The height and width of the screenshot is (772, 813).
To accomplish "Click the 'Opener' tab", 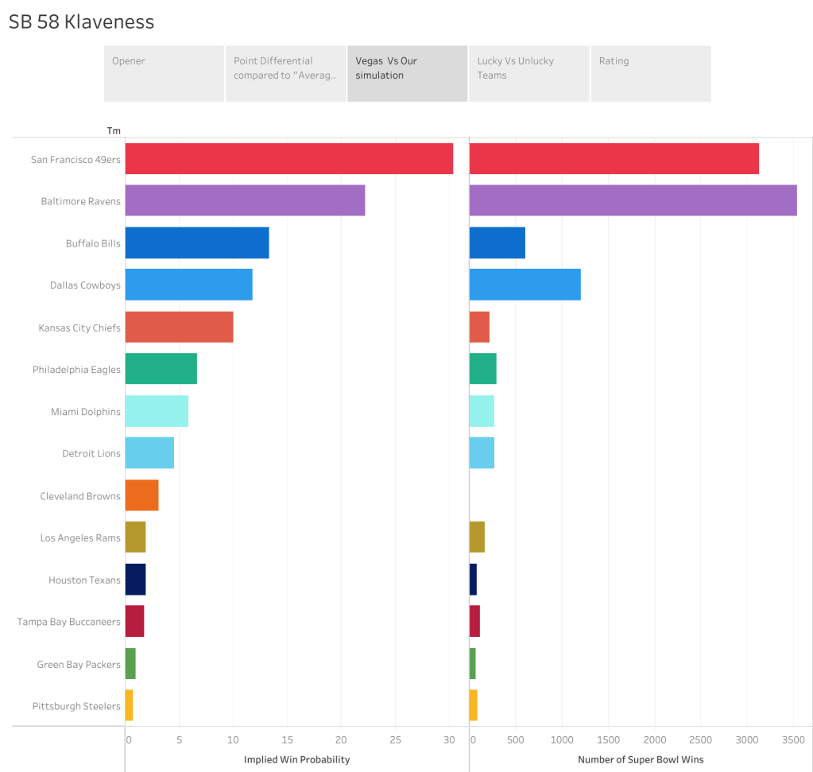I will click(164, 73).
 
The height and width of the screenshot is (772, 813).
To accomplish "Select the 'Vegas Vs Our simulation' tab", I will click(407, 73).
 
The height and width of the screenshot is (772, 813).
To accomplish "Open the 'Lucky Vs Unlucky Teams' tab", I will click(528, 73).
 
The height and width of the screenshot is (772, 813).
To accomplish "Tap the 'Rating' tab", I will click(650, 73).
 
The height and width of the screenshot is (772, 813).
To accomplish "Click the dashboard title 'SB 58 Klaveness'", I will click(81, 21).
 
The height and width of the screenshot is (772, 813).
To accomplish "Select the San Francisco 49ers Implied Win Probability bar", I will click(288, 159).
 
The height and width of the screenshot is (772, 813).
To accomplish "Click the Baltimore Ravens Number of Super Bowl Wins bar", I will click(633, 201).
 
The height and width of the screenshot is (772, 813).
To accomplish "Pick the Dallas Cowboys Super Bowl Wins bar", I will click(525, 285).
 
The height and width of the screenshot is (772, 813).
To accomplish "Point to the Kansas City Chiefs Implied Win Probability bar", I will click(179, 327).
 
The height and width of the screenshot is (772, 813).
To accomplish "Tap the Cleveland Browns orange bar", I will click(141, 495).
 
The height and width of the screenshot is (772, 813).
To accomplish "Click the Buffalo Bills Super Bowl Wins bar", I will click(497, 242).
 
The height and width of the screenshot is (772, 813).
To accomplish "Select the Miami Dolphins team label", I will click(86, 412).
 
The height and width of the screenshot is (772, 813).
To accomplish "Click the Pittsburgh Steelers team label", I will click(76, 706).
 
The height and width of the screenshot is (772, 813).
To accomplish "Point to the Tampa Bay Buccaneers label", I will click(69, 622).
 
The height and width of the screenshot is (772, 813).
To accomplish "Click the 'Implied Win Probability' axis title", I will click(296, 759).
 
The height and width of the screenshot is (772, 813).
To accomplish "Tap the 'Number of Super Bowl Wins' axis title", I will click(641, 759).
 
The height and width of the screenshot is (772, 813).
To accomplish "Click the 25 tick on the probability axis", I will click(395, 740).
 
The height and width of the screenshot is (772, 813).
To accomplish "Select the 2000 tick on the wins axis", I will click(654, 740).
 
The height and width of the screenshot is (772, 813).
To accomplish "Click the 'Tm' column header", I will click(114, 130).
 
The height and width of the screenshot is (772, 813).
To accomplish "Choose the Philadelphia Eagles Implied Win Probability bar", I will click(161, 369).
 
